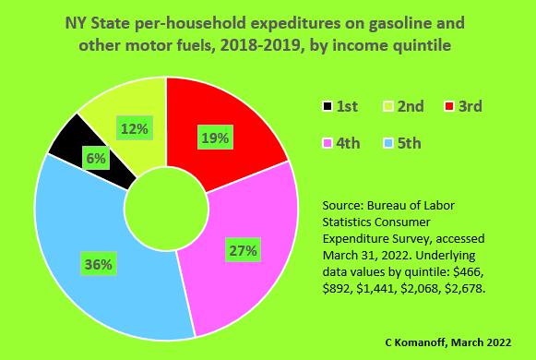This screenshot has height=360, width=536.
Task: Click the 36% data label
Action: click(x=98, y=264)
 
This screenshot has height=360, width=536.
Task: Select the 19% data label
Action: click(x=214, y=138)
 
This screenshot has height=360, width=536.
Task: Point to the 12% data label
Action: click(x=134, y=129)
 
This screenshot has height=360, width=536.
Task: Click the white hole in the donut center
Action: click(x=165, y=209)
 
